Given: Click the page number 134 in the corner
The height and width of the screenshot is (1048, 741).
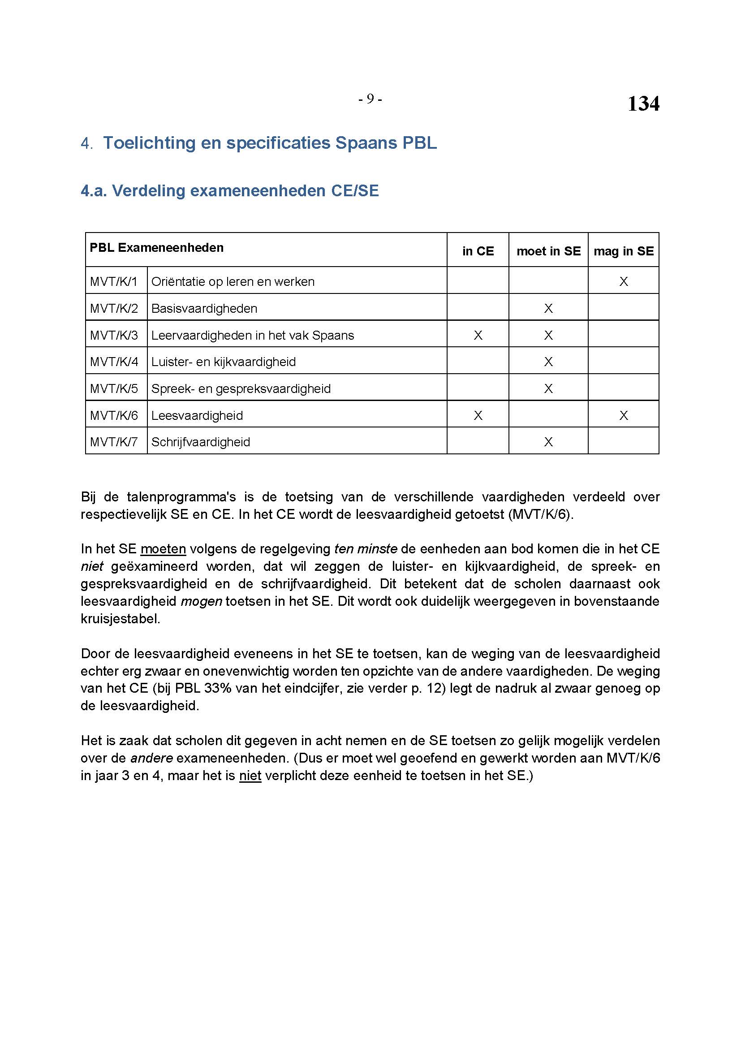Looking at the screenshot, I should coord(643,104).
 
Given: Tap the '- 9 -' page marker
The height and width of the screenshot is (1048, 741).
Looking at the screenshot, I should coord(370,99).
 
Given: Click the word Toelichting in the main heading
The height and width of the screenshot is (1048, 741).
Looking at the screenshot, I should coord(158,143).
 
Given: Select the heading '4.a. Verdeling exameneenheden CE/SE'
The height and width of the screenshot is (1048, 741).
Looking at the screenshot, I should coord(229,190).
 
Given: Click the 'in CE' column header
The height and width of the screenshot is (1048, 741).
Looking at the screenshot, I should coord(478,251).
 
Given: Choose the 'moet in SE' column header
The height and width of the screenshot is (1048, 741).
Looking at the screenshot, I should coord(548,251).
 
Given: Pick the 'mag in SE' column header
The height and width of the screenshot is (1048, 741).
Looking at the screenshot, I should coord(623,251).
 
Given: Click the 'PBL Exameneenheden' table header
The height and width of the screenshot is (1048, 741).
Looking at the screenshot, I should coord(156,248).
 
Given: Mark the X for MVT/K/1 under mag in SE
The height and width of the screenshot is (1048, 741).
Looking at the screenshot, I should coord(623,282).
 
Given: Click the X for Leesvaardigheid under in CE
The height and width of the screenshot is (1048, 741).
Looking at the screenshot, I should coord(478,415).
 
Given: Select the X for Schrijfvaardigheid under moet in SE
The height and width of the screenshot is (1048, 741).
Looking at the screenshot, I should coord(548,442).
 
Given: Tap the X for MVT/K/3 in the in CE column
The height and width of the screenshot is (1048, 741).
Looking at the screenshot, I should coord(478,336).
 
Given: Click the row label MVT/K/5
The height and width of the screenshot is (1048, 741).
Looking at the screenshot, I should coord(114,388).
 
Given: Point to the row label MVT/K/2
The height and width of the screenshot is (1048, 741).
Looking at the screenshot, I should coord(114,309).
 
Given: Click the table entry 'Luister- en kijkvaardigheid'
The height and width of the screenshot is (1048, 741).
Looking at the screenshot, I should coord(223,362).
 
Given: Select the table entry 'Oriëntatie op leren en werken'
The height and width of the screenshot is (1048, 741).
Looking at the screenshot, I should coord(233,282).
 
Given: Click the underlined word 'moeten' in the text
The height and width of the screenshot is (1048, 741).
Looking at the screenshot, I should coord(163,549).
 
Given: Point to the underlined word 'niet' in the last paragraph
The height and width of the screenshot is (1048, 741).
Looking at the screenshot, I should coord(250,776).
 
